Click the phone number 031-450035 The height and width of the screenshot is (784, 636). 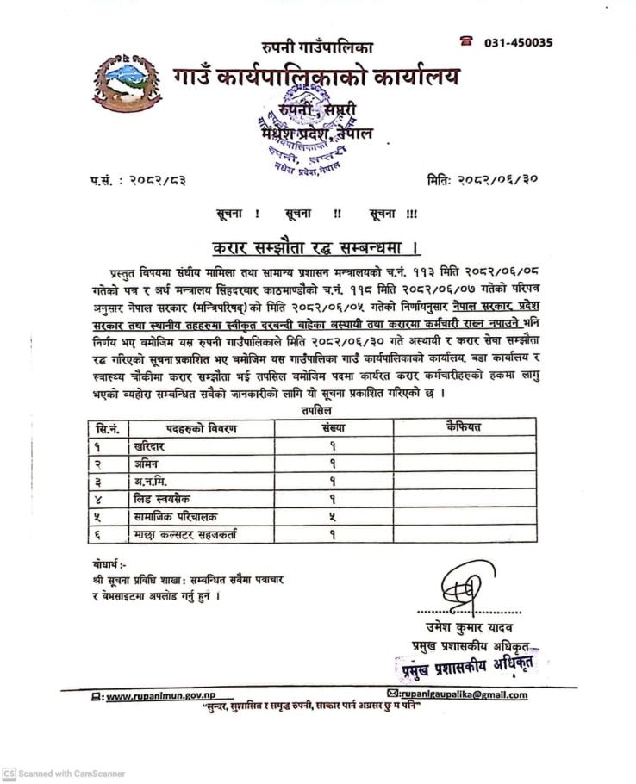pyautogui.click(x=518, y=42)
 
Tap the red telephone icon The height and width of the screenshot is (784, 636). pyautogui.click(x=467, y=41)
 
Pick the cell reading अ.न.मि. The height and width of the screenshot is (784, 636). pyautogui.click(x=150, y=482)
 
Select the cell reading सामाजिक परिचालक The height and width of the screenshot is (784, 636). pyautogui.click(x=176, y=517)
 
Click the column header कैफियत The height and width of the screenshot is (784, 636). pyautogui.click(x=464, y=427)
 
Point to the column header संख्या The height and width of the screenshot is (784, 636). pyautogui.click(x=332, y=427)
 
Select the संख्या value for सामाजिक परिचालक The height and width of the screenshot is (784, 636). pyautogui.click(x=332, y=517)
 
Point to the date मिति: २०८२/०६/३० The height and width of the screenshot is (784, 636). pyautogui.click(x=483, y=180)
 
